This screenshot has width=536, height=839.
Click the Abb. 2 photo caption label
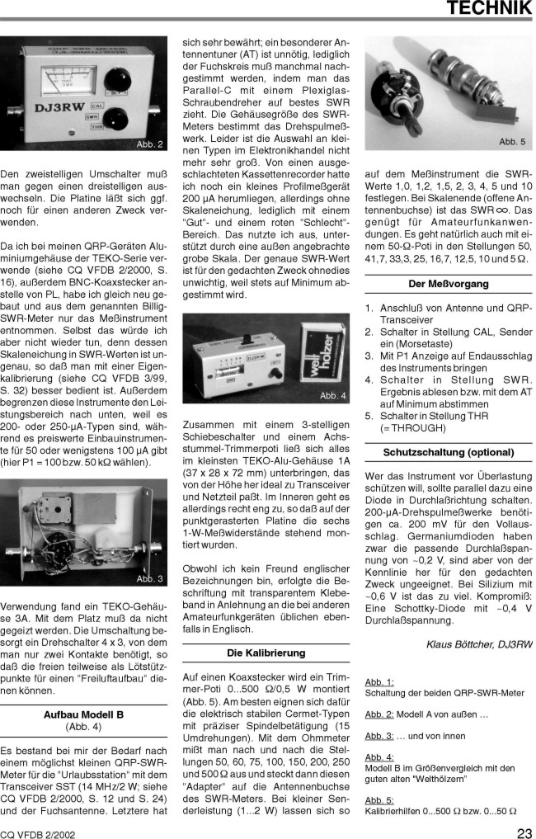point(148,145)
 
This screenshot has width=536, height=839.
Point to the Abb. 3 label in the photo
point(148,578)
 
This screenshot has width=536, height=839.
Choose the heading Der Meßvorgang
point(448,284)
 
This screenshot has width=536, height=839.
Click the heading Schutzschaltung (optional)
point(448,453)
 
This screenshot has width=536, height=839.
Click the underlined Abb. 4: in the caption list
point(378,757)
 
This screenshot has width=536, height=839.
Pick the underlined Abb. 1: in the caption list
point(378,682)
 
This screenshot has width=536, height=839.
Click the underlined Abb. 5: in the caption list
point(378,799)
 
